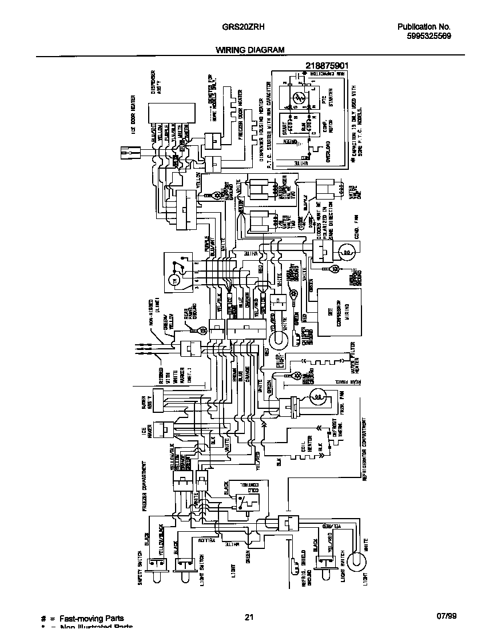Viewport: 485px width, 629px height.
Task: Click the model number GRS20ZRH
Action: coord(242,27)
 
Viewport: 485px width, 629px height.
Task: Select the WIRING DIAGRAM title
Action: coord(250,50)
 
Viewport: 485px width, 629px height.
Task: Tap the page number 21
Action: coord(248,618)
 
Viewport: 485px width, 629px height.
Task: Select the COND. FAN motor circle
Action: coord(347,250)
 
